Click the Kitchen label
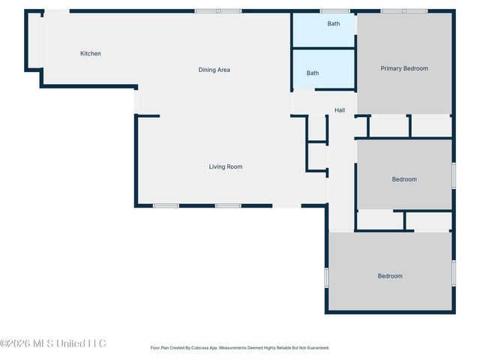coord(91,53)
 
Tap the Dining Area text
coord(214,70)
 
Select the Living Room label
coord(225,166)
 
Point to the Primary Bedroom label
coord(404,68)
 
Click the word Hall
coord(340,110)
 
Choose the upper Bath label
coord(334,24)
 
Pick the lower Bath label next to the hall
coord(313,73)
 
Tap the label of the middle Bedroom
coord(404,179)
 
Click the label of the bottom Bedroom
coord(390,276)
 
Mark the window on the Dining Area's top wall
coord(218,11)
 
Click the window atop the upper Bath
coord(334,11)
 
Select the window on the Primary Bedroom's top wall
coord(403,11)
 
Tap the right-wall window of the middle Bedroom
coord(454,175)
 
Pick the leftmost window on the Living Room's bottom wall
coord(166,205)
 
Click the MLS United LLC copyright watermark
coord(53,343)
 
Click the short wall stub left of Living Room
coord(148,115)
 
